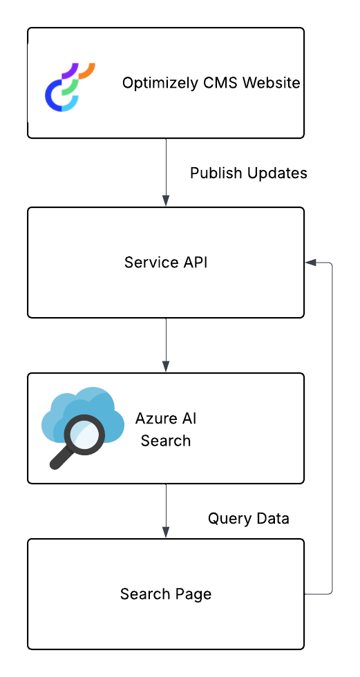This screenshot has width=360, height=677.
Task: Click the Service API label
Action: coord(166,263)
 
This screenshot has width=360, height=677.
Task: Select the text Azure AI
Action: coord(166,419)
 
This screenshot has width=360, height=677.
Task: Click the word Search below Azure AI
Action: coord(166,441)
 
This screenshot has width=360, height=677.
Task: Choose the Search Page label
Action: coord(166,594)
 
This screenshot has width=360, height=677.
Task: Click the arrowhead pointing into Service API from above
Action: coord(166,200)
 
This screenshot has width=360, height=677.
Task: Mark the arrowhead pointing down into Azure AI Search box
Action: coord(166,366)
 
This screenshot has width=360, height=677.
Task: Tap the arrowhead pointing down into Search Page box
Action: coord(166,532)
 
